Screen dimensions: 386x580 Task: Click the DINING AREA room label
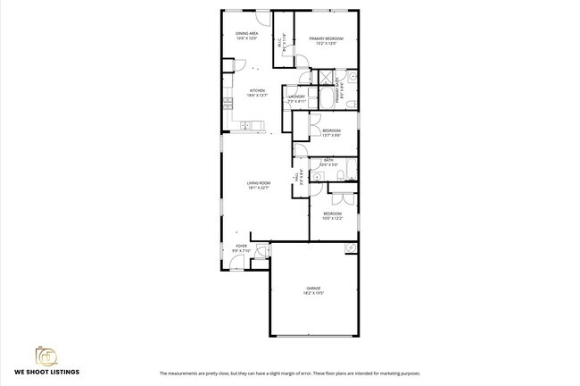[246, 33]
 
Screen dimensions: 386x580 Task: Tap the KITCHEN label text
[257, 90]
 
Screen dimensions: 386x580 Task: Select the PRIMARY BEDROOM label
[327, 38]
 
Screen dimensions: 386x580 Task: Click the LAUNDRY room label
[297, 96]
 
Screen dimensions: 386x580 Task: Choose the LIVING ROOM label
[259, 183]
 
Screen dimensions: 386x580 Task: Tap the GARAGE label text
[313, 288]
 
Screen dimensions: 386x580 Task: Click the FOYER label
[241, 245]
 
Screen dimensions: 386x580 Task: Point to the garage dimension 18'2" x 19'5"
[313, 293]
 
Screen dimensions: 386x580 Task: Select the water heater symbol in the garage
[352, 248]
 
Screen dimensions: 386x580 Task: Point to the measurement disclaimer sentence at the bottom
[289, 373]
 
